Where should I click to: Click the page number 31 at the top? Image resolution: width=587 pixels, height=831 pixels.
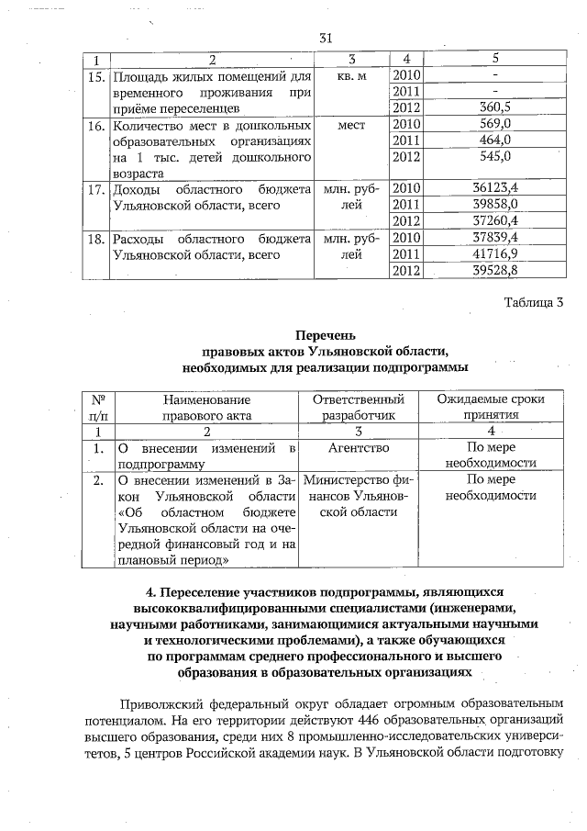(x=324, y=38)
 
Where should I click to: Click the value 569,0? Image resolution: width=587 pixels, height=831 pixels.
(x=507, y=124)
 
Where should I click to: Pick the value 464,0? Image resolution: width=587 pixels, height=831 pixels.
(x=507, y=140)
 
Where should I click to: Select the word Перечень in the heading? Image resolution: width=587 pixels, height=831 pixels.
(x=324, y=335)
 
